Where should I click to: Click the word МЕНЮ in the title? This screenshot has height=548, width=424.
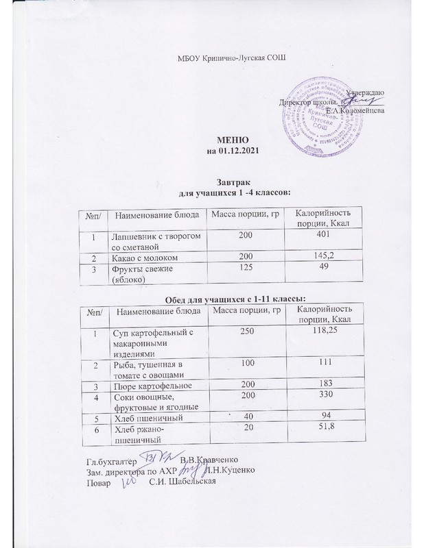click(231, 140)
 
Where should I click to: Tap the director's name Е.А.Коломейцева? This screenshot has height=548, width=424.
click(354, 110)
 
